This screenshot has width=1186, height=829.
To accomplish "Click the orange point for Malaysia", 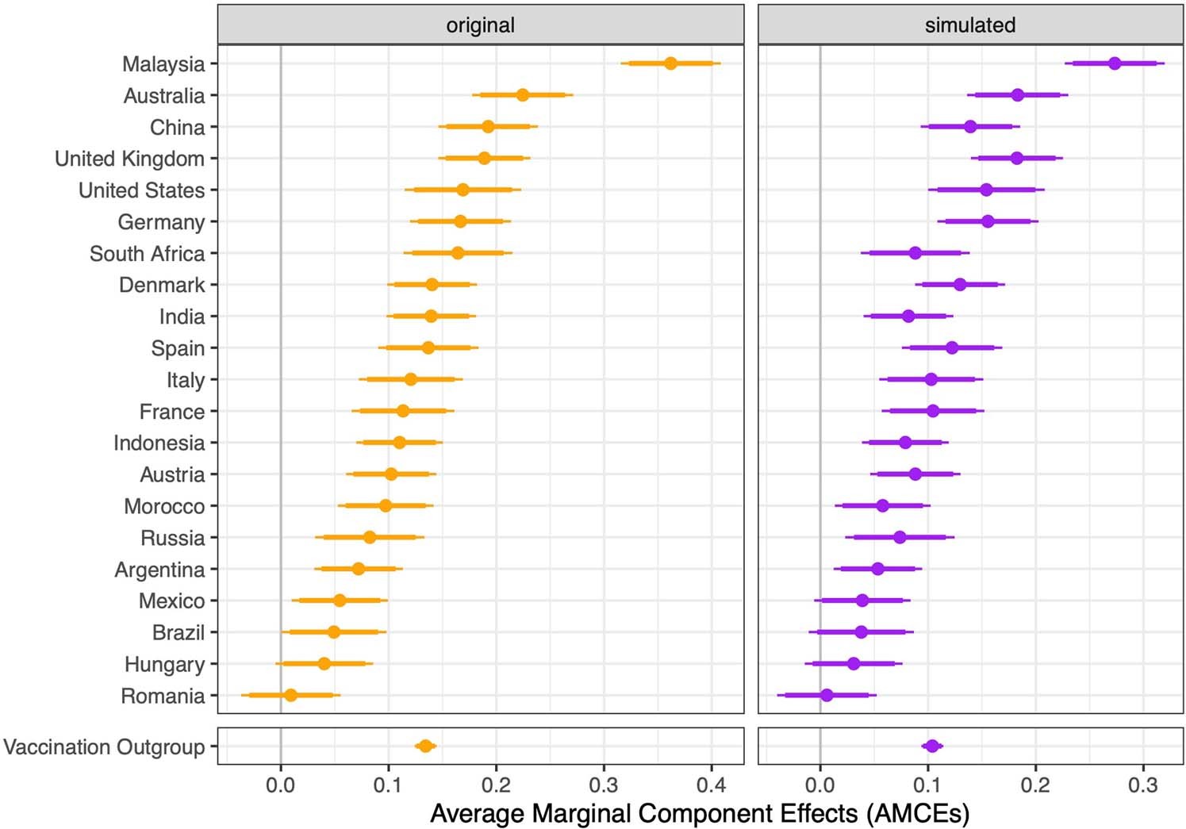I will (670, 63).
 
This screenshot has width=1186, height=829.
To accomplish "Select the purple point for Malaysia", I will (1114, 63).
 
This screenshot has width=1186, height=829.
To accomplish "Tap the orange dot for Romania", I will (290, 695).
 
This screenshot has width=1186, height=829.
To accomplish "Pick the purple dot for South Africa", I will (915, 253).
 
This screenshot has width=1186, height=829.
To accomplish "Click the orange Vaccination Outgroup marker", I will (425, 746).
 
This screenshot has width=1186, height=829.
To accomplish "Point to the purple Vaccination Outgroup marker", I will (932, 746).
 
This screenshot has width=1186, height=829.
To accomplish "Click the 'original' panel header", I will (480, 25).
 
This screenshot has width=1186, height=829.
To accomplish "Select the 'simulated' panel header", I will (969, 25).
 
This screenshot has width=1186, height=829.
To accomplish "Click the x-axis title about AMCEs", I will (700, 813).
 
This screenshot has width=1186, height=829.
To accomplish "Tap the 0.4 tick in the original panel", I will (712, 785).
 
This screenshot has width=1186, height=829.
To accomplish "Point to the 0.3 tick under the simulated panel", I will (1142, 785).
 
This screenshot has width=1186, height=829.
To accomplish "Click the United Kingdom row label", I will (129, 159).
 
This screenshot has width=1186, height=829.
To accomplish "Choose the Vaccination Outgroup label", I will (104, 747).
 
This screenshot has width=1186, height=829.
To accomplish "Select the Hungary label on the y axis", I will (164, 664).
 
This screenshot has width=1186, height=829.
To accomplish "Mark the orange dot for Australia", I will (522, 95).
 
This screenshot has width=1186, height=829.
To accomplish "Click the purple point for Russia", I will (900, 537).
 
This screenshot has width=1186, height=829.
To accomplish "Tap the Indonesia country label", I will (159, 443).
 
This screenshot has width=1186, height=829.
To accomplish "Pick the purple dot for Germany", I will (988, 221).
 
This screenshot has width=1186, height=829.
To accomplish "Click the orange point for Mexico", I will (340, 601).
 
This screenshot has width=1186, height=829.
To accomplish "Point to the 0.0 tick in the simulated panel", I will (819, 785).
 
